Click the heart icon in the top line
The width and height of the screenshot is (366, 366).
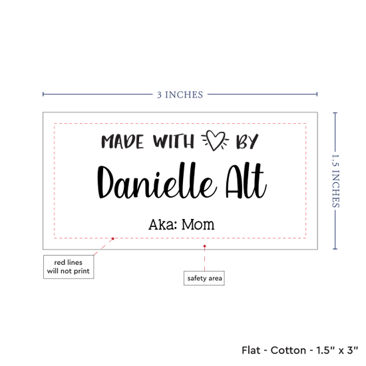pos(215,140)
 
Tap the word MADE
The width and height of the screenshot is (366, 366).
pos(122,142)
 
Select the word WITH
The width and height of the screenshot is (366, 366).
pos(174,141)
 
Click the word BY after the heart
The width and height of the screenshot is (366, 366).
pos(247,142)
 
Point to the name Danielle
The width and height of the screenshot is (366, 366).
pos(156,180)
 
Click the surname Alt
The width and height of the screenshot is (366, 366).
pos(246,180)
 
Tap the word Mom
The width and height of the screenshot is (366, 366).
pos(198,224)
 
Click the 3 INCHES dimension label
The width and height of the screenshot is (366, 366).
pos(180,94)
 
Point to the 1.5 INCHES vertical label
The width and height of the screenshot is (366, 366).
pos(335,181)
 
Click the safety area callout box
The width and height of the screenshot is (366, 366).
pos(204,278)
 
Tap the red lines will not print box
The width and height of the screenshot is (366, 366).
pos(69,267)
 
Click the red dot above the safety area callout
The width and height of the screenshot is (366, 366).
pos(205,246)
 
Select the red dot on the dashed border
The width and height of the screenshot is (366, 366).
pos(112,238)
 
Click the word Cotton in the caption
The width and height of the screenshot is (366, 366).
pos(288,350)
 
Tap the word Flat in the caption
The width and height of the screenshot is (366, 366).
pos(251,350)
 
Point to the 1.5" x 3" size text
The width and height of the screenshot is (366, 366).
pos(337,350)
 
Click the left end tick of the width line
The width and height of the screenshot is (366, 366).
pos(43,94)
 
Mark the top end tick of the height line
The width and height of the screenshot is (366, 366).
pos(335,113)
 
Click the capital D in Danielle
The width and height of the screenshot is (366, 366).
pos(105,182)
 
